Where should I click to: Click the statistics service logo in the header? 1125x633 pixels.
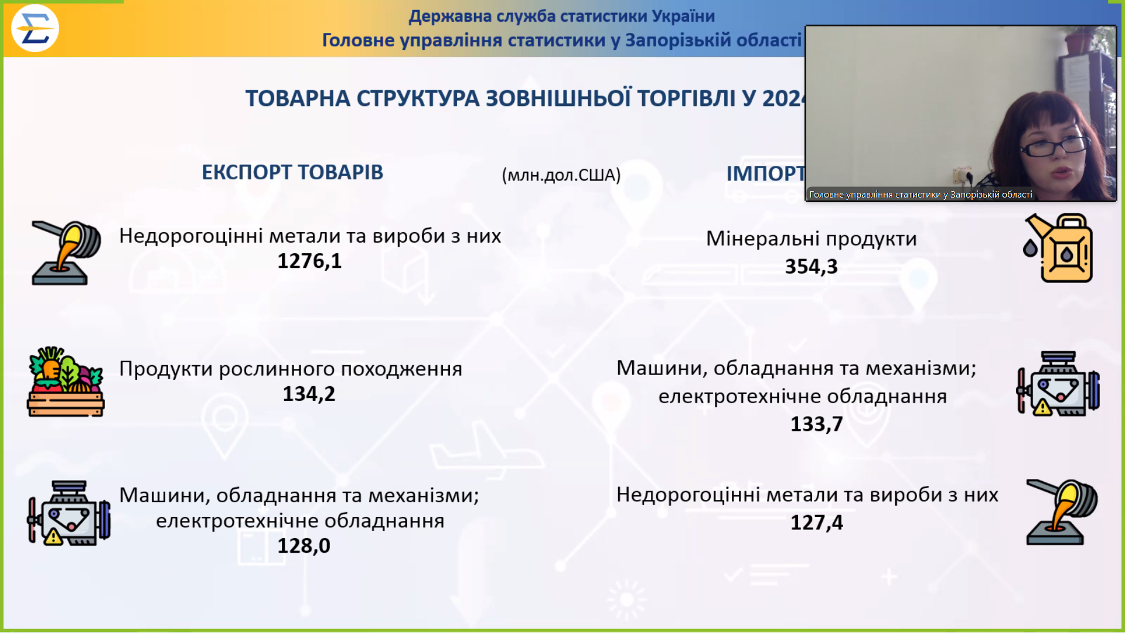click(x=35, y=28)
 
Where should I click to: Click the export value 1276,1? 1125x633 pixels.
click(x=309, y=261)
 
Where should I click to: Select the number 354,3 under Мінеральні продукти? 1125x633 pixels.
click(x=811, y=267)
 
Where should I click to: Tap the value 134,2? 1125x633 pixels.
click(x=309, y=394)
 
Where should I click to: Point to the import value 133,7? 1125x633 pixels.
click(x=816, y=424)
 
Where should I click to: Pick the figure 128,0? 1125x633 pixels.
click(x=304, y=546)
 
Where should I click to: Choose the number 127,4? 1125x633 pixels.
click(x=816, y=522)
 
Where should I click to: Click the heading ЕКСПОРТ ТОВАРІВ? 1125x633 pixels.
click(x=292, y=172)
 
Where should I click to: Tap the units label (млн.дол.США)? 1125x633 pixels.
click(x=561, y=175)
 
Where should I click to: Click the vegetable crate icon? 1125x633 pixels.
click(x=66, y=382)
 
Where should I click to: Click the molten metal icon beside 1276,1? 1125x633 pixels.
click(x=66, y=253)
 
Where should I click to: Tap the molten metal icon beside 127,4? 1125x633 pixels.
click(x=1061, y=512)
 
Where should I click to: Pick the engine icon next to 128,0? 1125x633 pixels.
click(x=69, y=513)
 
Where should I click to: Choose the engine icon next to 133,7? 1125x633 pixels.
click(x=1058, y=384)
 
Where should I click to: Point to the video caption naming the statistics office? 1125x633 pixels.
click(x=920, y=195)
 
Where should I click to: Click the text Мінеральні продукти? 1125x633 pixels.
click(x=811, y=239)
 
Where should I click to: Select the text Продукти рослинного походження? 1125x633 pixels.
click(x=291, y=369)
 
